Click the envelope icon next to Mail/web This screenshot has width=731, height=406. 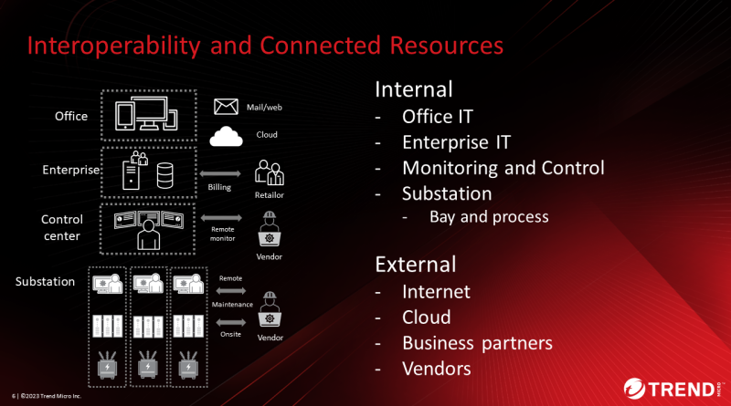coord(226,107)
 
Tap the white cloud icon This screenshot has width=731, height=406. coord(226,137)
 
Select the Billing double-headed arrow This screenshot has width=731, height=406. coord(220,173)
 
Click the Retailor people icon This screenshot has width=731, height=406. coord(270,172)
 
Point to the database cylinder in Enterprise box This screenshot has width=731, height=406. coord(165,175)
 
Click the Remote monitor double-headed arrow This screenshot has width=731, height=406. coord(221,217)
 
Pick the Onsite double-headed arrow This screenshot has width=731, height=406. coord(231,322)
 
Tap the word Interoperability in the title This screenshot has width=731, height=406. coord(113,47)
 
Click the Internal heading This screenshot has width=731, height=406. coord(414,89)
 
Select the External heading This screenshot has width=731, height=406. coord(416,265)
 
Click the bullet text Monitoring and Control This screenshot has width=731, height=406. coord(503,168)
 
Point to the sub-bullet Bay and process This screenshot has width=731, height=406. coord(489,217)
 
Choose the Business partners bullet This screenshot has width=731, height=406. coord(477,343)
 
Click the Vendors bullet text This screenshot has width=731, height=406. coord(437,369)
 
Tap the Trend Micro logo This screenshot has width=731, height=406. coord(673,389)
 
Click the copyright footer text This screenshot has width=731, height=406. coord(47,396)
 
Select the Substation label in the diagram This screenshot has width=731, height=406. coord(45,282)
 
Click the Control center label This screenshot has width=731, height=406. coord(62,228)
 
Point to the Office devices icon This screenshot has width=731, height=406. coord(146,114)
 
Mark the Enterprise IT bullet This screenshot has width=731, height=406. coord(456,142)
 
